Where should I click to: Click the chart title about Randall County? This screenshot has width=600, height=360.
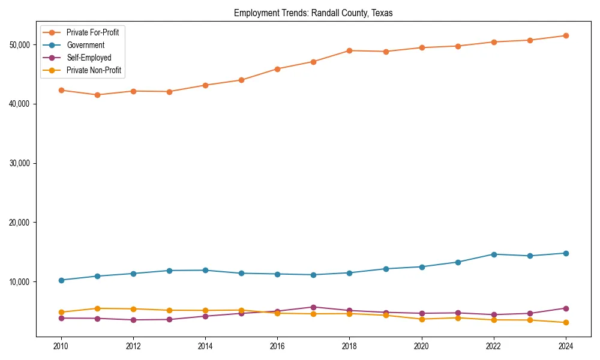point(313,13)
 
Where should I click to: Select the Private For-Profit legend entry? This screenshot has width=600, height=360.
point(92,32)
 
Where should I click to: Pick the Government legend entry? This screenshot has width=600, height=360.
point(85,45)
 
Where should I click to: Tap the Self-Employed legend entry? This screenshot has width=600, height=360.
point(89,58)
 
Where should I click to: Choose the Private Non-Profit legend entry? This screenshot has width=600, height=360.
point(94,70)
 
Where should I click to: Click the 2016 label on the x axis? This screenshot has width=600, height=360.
point(277,346)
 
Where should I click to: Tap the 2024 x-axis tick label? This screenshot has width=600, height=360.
point(566,346)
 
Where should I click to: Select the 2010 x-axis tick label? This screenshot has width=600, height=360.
point(61,346)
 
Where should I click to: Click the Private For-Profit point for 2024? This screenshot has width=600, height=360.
point(566,36)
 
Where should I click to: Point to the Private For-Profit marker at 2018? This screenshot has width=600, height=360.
point(349,50)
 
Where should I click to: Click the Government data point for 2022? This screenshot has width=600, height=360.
point(494,254)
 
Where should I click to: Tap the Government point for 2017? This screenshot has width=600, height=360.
point(313,275)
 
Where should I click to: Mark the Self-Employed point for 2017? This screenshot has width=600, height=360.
point(313,307)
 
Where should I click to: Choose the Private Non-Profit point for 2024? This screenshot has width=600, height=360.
point(566,323)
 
